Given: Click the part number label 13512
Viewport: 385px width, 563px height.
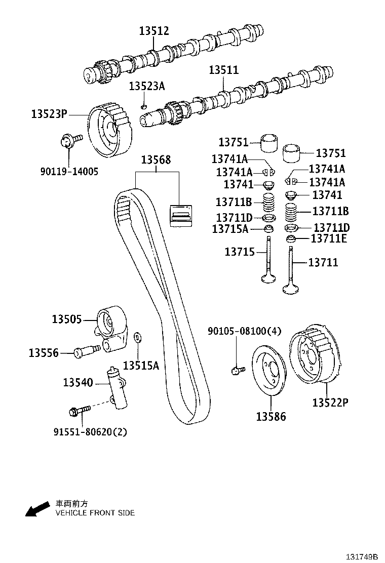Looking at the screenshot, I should [x=154, y=31].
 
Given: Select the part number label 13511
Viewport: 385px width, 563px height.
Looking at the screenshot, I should [x=224, y=70].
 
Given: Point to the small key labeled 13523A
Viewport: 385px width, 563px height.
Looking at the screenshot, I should [x=144, y=107].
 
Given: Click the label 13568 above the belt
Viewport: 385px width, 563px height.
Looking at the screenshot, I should [x=156, y=160].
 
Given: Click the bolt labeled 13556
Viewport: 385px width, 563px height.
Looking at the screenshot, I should [x=87, y=351].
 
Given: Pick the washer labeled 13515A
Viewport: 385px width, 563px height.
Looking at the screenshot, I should [x=137, y=337].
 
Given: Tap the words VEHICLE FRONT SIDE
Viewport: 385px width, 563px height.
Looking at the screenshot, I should [x=95, y=512].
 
